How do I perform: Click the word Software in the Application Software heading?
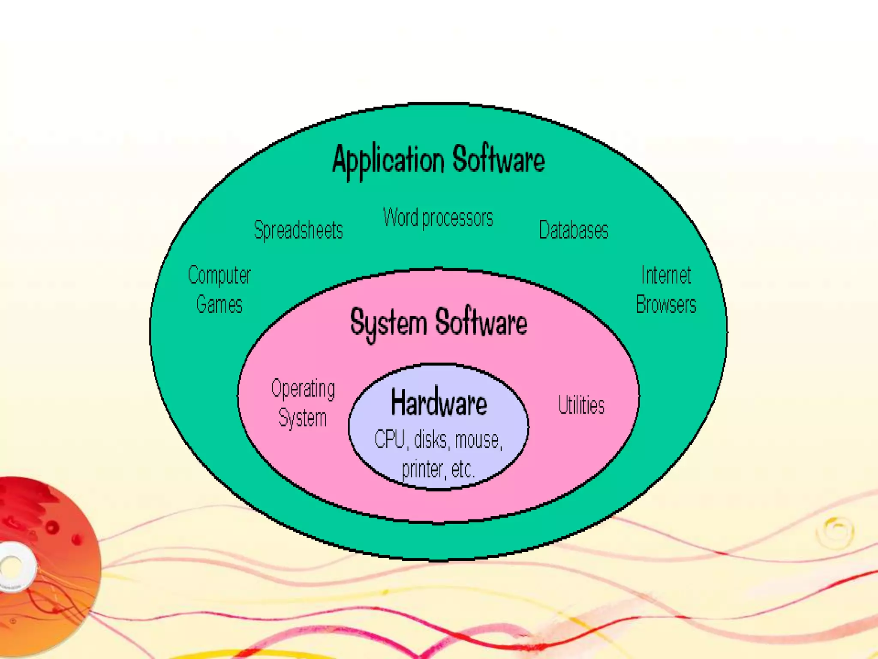click(x=499, y=160)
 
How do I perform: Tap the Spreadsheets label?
click(x=298, y=230)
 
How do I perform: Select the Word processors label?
click(x=438, y=218)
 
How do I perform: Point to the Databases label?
click(x=573, y=230)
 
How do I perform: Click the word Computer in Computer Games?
click(x=219, y=275)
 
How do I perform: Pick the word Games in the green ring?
click(x=219, y=305)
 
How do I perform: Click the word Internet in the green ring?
click(x=666, y=275)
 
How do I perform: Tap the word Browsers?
click(x=666, y=305)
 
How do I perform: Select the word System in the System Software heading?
click(x=388, y=323)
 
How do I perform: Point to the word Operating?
click(x=303, y=389)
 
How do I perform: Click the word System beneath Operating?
click(x=303, y=418)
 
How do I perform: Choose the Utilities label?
click(x=581, y=405)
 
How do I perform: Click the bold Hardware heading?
click(x=439, y=402)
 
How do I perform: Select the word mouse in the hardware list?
click(x=478, y=440)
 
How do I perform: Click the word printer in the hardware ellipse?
click(x=422, y=469)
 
